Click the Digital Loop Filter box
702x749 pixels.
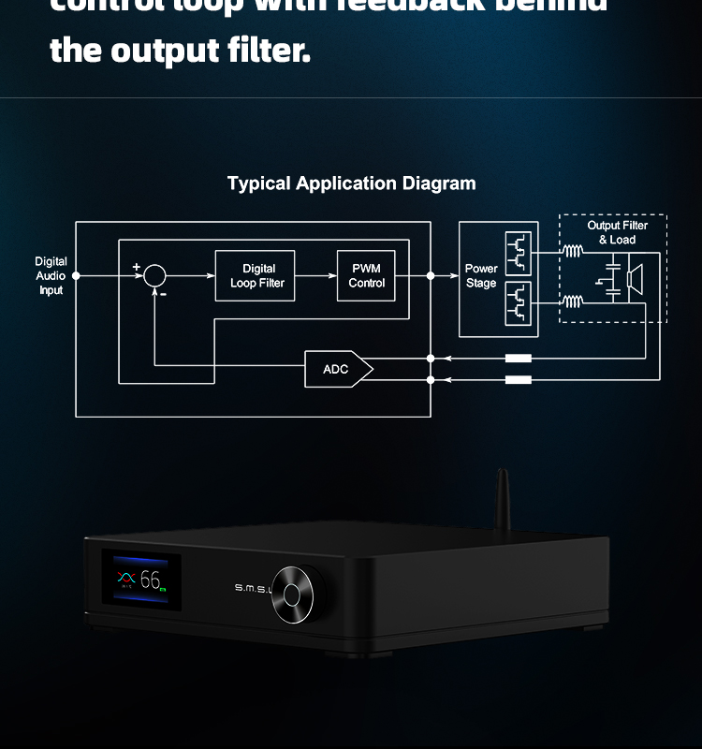pyautogui.click(x=255, y=275)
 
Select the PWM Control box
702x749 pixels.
pyautogui.click(x=366, y=275)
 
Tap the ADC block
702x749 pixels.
pyautogui.click(x=338, y=370)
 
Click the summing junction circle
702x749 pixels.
pyautogui.click(x=154, y=275)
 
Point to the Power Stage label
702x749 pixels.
pyautogui.click(x=481, y=276)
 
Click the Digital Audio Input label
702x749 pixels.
pyautogui.click(x=51, y=276)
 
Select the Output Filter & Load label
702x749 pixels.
pyautogui.click(x=617, y=232)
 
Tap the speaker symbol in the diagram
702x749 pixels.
pyautogui.click(x=636, y=277)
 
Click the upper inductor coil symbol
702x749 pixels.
pyautogui.click(x=572, y=250)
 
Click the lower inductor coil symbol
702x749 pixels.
pyautogui.click(x=572, y=301)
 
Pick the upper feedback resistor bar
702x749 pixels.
pyautogui.click(x=518, y=358)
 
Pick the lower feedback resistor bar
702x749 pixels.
pyautogui.click(x=518, y=379)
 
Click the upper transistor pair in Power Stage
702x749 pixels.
pyautogui.click(x=518, y=251)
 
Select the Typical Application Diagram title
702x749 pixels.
pyautogui.click(x=351, y=184)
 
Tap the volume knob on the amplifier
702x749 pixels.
pyautogui.click(x=298, y=594)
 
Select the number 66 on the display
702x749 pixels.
pyautogui.click(x=150, y=580)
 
